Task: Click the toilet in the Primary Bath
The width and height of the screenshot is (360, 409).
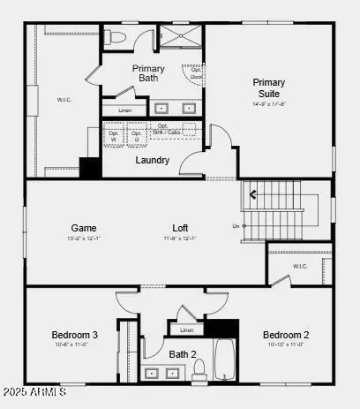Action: [x=116, y=39]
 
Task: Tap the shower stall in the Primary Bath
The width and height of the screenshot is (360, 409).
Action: [x=181, y=40]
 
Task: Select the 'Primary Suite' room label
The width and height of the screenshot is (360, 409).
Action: [x=268, y=88]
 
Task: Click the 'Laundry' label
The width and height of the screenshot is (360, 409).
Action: [x=152, y=160]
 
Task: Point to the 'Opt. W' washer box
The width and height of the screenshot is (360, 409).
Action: [x=113, y=136]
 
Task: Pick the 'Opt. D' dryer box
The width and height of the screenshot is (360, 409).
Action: [x=136, y=136]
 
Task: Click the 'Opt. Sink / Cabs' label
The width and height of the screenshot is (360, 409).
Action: [x=169, y=129]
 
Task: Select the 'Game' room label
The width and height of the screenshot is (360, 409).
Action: [x=84, y=228]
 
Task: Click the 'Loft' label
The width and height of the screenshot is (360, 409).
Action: [x=180, y=228]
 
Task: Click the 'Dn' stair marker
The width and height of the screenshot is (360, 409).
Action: [x=236, y=226]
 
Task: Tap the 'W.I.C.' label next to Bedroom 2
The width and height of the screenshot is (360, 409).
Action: [x=299, y=266]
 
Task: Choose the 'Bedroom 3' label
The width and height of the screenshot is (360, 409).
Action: [x=73, y=335]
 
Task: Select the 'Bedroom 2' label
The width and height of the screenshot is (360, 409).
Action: [x=285, y=335]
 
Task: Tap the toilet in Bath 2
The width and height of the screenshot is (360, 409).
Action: [x=199, y=367]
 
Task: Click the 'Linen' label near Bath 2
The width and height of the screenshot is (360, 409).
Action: [x=185, y=330]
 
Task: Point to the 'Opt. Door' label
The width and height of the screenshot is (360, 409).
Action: [x=196, y=73]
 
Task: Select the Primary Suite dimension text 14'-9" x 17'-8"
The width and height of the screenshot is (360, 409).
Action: [x=268, y=104]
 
